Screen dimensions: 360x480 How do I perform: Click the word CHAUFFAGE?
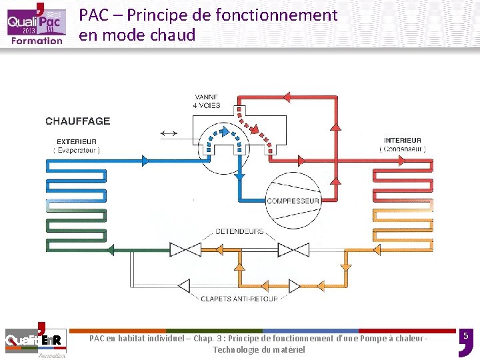pos(78,121)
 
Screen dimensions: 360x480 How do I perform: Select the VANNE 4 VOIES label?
pos(207,101)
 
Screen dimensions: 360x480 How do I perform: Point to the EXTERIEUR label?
pos(77,141)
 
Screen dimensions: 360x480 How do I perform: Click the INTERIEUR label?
pos(403,141)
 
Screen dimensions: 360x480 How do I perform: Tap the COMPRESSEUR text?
pos(293,201)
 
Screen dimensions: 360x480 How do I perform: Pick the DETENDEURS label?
pos(239,232)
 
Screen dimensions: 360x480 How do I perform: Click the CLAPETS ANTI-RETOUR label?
pos(239,299)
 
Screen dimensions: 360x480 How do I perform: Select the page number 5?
pos(466,335)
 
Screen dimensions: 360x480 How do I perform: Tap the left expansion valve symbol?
pos(185,250)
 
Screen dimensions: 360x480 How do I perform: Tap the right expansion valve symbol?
pos(293,250)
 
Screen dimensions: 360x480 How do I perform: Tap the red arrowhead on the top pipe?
pos(288,97)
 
